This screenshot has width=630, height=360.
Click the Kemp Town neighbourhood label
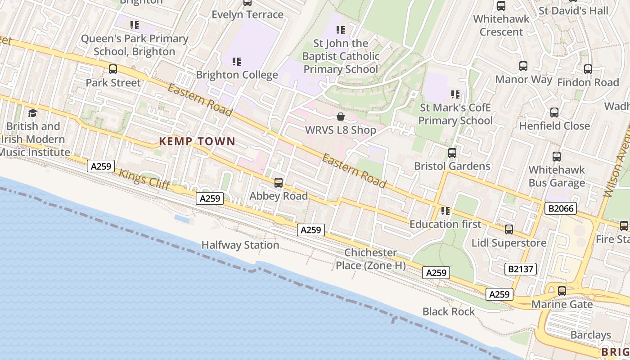197,141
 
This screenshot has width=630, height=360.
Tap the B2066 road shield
560,208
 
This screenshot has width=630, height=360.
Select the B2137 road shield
521,269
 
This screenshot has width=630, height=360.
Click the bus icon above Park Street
113,69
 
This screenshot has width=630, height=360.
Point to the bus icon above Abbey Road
279,183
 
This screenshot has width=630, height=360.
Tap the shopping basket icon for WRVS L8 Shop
341,117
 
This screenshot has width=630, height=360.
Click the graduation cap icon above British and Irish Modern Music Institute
32,113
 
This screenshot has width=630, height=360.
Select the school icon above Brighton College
237,62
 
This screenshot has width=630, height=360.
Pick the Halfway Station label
240,245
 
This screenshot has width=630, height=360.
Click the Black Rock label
449,311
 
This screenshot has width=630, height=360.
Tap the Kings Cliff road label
144,179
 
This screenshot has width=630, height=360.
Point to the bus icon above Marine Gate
562,291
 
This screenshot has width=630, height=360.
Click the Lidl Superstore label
509,243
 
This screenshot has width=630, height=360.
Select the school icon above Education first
445,211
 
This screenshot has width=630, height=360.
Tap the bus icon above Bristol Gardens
452,153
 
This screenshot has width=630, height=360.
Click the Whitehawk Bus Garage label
557,176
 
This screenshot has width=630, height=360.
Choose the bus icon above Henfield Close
554,112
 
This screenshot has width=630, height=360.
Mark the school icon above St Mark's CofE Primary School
455,94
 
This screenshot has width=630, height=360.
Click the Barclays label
591,335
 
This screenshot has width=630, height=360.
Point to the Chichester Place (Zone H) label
371,259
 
